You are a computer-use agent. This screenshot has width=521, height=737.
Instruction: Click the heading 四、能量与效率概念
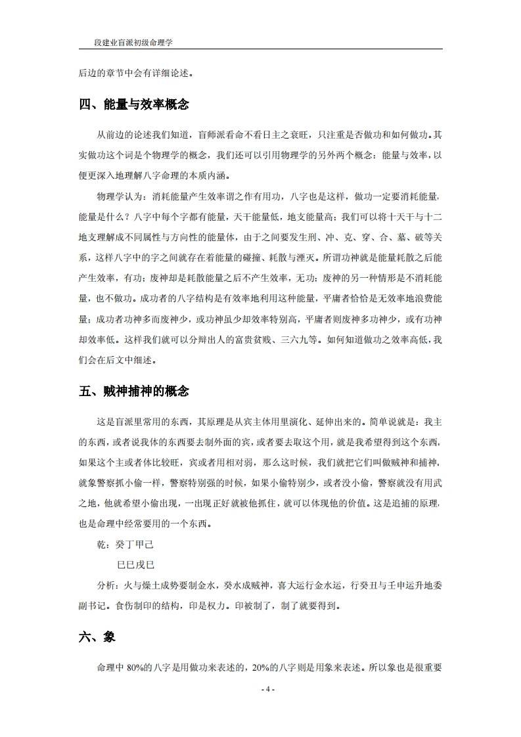click(x=134, y=104)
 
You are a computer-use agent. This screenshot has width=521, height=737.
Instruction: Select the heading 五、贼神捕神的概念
click(x=134, y=391)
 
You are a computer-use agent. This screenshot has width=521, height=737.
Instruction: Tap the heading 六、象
click(x=97, y=636)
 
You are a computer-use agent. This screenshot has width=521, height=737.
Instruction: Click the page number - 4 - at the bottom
click(x=261, y=689)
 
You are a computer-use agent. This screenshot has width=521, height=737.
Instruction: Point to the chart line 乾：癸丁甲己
click(x=125, y=545)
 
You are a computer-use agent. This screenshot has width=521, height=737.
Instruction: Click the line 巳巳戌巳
click(x=136, y=564)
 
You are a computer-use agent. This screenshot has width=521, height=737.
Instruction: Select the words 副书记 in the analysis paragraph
click(x=93, y=604)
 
